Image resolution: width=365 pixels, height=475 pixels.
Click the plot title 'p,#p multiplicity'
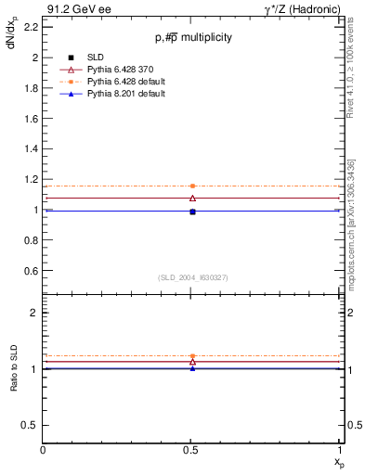click(x=193, y=37)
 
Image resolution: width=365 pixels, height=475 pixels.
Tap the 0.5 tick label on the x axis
click(x=191, y=449)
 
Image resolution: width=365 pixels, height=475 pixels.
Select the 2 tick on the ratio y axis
click(x=35, y=313)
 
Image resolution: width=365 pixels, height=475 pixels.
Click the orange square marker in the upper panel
click(x=192, y=186)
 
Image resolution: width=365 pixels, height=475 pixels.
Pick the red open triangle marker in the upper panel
click(x=192, y=198)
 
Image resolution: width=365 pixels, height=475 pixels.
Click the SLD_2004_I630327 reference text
click(x=192, y=277)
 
